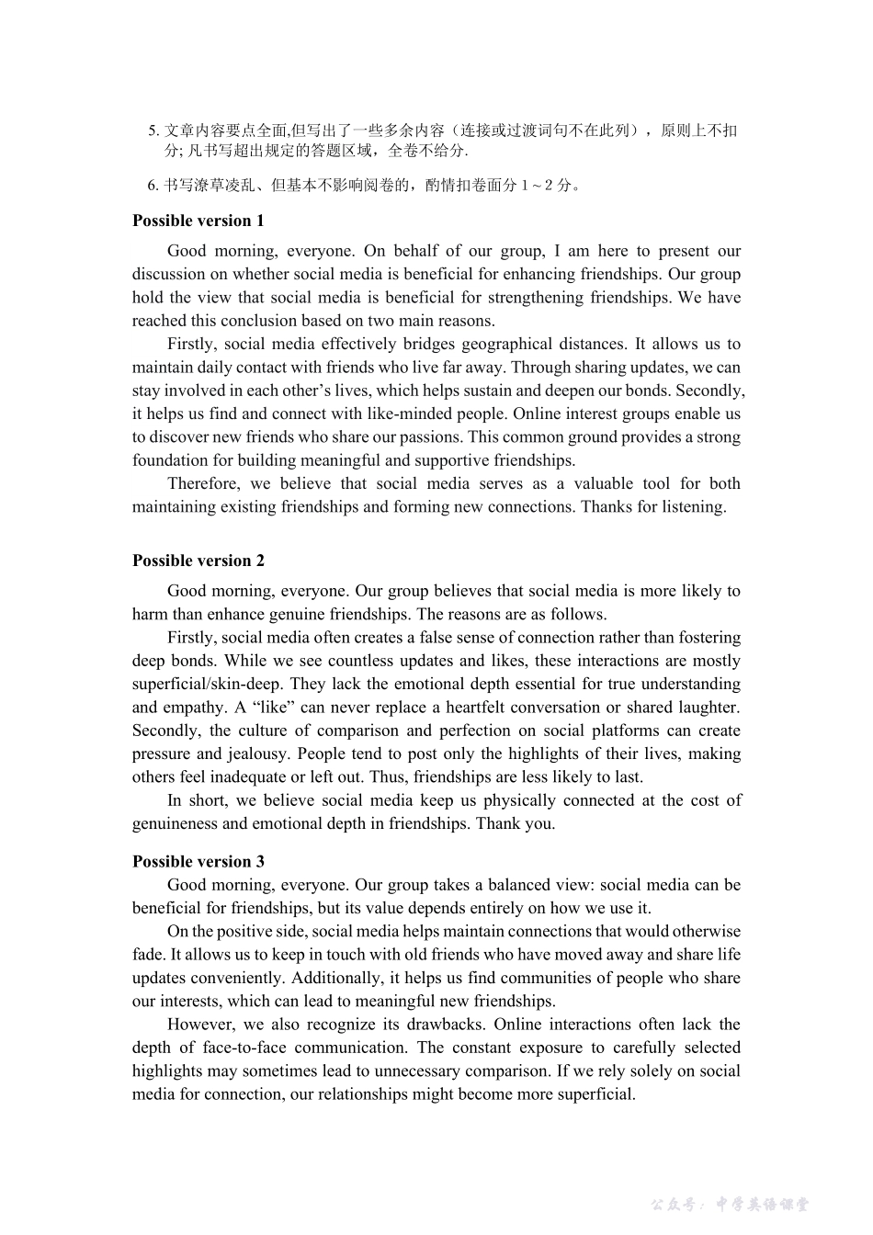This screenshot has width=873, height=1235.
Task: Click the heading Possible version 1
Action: pos(198,221)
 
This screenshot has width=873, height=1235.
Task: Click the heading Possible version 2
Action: pos(198,561)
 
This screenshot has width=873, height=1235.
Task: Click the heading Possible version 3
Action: pos(198,861)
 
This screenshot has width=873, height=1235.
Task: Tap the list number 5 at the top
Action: pos(153,130)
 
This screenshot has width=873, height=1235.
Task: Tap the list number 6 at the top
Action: pos(153,186)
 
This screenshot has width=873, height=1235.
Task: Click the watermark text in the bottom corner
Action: pos(731,1204)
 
